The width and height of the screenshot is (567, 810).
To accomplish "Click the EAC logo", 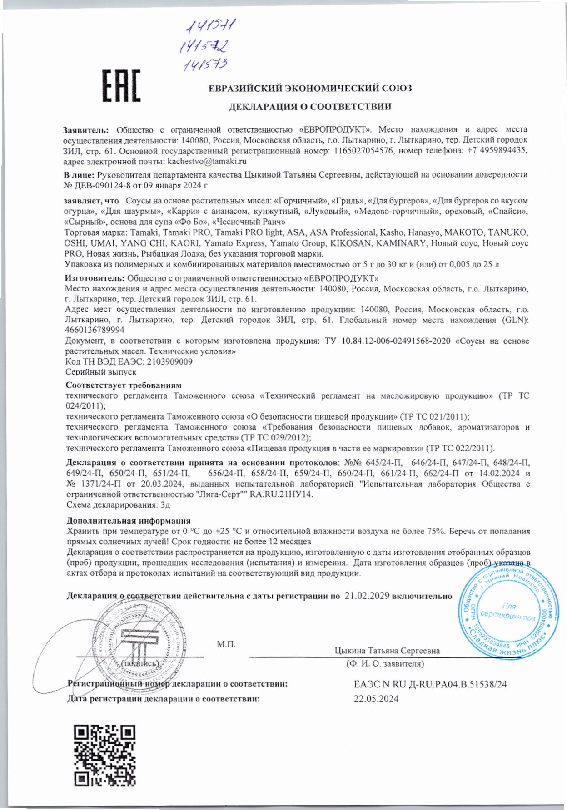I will point(120,86).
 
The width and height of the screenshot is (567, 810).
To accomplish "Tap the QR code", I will point(105,755).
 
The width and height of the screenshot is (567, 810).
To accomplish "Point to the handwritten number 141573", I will point(205,65).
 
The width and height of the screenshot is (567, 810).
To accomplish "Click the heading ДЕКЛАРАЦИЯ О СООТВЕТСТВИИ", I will point(310,107).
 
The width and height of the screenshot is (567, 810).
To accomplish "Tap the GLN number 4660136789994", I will point(94,331).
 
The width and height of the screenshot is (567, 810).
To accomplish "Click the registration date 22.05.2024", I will point(376,699).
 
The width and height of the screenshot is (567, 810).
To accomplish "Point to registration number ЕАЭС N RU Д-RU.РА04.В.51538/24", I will point(430,684).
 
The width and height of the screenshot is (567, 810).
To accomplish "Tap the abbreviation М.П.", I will point(226,644).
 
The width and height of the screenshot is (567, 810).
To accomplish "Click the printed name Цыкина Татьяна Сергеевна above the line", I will point(387,651).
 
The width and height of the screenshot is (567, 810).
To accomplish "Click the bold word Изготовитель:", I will point(94,278).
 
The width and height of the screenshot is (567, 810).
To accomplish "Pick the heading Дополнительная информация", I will point(129,521).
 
